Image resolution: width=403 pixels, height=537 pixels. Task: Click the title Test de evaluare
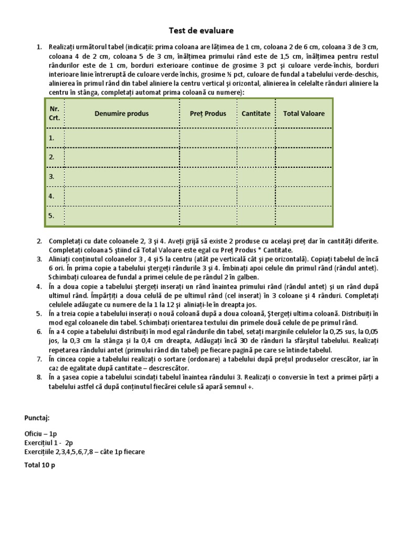click(x=201, y=30)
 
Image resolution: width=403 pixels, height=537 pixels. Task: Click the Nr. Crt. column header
click(x=54, y=113)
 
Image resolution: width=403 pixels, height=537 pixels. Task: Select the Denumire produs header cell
click(x=122, y=113)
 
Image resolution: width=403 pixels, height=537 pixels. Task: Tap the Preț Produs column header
click(x=208, y=113)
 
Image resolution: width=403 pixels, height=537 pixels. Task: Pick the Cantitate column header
click(x=256, y=113)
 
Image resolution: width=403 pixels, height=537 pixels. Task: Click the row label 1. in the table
click(x=52, y=138)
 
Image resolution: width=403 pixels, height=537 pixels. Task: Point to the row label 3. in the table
click(x=52, y=177)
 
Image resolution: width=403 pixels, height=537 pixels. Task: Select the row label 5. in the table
click(x=52, y=215)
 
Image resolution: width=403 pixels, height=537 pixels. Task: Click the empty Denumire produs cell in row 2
click(x=122, y=157)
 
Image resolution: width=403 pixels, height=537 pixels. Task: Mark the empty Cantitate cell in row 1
click(x=256, y=138)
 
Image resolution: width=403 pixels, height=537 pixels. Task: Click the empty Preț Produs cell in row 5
click(x=208, y=215)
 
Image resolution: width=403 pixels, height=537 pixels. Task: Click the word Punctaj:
click(x=37, y=418)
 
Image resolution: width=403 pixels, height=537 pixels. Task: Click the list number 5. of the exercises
click(x=39, y=313)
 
